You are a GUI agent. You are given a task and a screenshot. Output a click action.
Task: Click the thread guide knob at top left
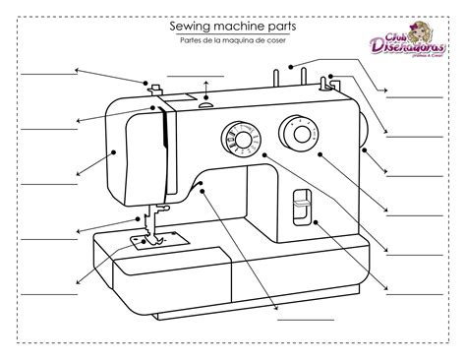[153, 90]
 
